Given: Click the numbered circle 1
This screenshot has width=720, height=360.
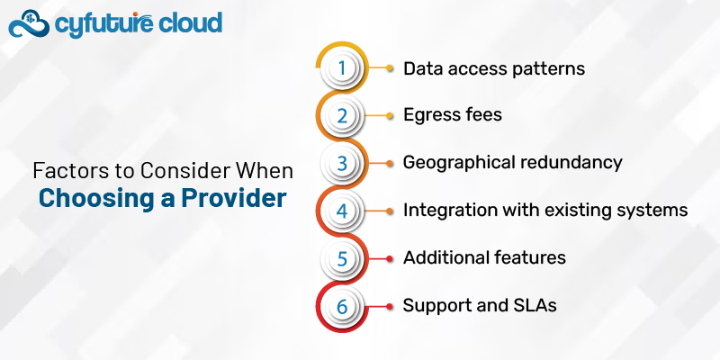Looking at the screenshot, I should point(341,68).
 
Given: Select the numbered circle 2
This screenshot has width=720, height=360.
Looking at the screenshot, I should point(341,116).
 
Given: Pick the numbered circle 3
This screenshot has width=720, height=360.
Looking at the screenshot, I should point(341,164).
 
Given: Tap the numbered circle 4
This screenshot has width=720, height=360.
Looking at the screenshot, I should point(341,211).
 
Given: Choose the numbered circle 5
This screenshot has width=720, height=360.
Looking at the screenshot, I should point(341,258).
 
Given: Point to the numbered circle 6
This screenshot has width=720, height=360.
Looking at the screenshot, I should point(341,306).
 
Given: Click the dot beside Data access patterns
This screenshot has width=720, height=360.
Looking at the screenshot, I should point(389,68).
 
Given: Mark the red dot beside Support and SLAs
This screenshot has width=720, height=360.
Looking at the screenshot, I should point(389,306).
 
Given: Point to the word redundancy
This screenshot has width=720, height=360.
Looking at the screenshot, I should point(572,163).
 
